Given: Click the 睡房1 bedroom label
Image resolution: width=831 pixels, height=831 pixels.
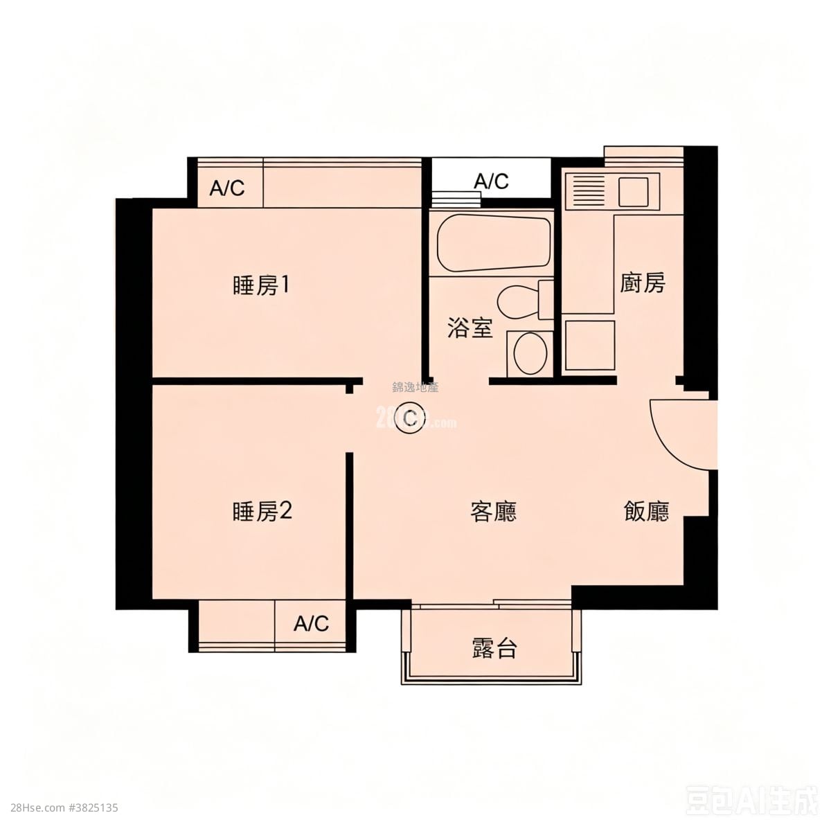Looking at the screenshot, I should click(260, 285).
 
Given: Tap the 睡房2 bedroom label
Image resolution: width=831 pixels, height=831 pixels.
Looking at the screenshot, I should click(262, 512).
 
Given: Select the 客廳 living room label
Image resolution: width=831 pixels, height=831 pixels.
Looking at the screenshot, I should click(493, 512).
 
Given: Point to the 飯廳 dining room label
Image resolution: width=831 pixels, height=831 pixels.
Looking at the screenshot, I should click(646, 512).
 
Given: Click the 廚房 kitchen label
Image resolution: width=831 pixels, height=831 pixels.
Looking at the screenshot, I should click(642, 283).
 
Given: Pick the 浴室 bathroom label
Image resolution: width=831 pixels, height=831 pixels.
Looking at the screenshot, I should click(470, 328).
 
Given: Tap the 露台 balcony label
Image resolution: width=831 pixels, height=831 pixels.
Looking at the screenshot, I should click(494, 649).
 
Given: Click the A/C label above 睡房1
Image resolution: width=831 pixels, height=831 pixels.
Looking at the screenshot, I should click(227, 188).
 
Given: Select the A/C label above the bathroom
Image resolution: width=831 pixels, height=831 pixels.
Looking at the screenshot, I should click(491, 181).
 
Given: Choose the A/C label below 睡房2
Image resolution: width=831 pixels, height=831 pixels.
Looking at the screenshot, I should click(311, 624).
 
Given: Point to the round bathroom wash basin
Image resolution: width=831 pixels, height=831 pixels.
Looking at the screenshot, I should click(530, 352).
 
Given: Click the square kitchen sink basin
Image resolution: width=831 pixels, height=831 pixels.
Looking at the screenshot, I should click(634, 191).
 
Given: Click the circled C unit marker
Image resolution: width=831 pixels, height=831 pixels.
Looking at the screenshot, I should click(410, 418).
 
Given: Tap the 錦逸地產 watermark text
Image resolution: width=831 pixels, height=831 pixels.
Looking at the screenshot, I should click(415, 388).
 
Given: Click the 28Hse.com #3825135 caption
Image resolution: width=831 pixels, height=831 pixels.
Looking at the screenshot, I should click(60, 807).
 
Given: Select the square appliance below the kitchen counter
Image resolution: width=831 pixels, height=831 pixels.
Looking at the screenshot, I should click(589, 345).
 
